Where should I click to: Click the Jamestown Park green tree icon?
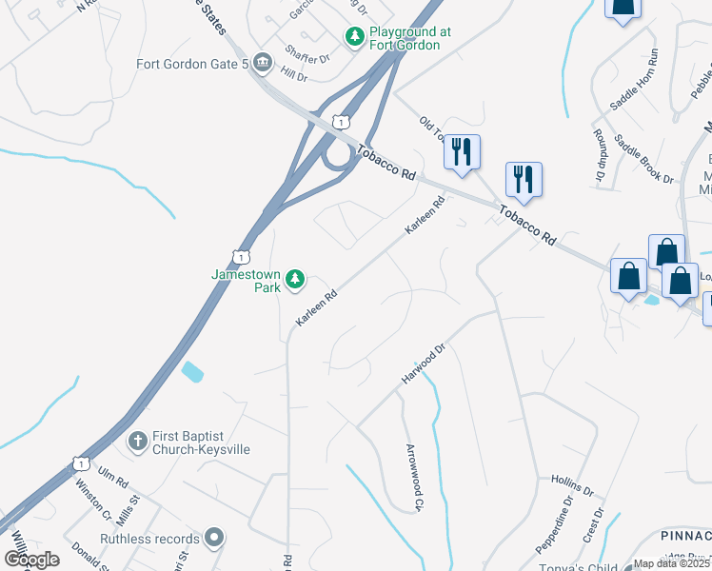click(296, 278)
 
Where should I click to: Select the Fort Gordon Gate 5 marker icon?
click(263, 65)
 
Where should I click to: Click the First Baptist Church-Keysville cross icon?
click(137, 441)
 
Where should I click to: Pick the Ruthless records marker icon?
click(215, 539)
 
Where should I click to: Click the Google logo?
click(31, 560)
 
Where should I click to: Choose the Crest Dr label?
click(597, 526)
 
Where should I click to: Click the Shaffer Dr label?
click(306, 56)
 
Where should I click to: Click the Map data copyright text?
click(671, 563)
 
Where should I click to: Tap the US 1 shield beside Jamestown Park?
click(241, 257)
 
